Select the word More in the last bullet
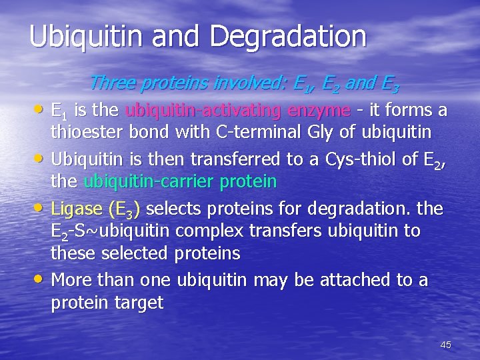71,280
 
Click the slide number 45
446,345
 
